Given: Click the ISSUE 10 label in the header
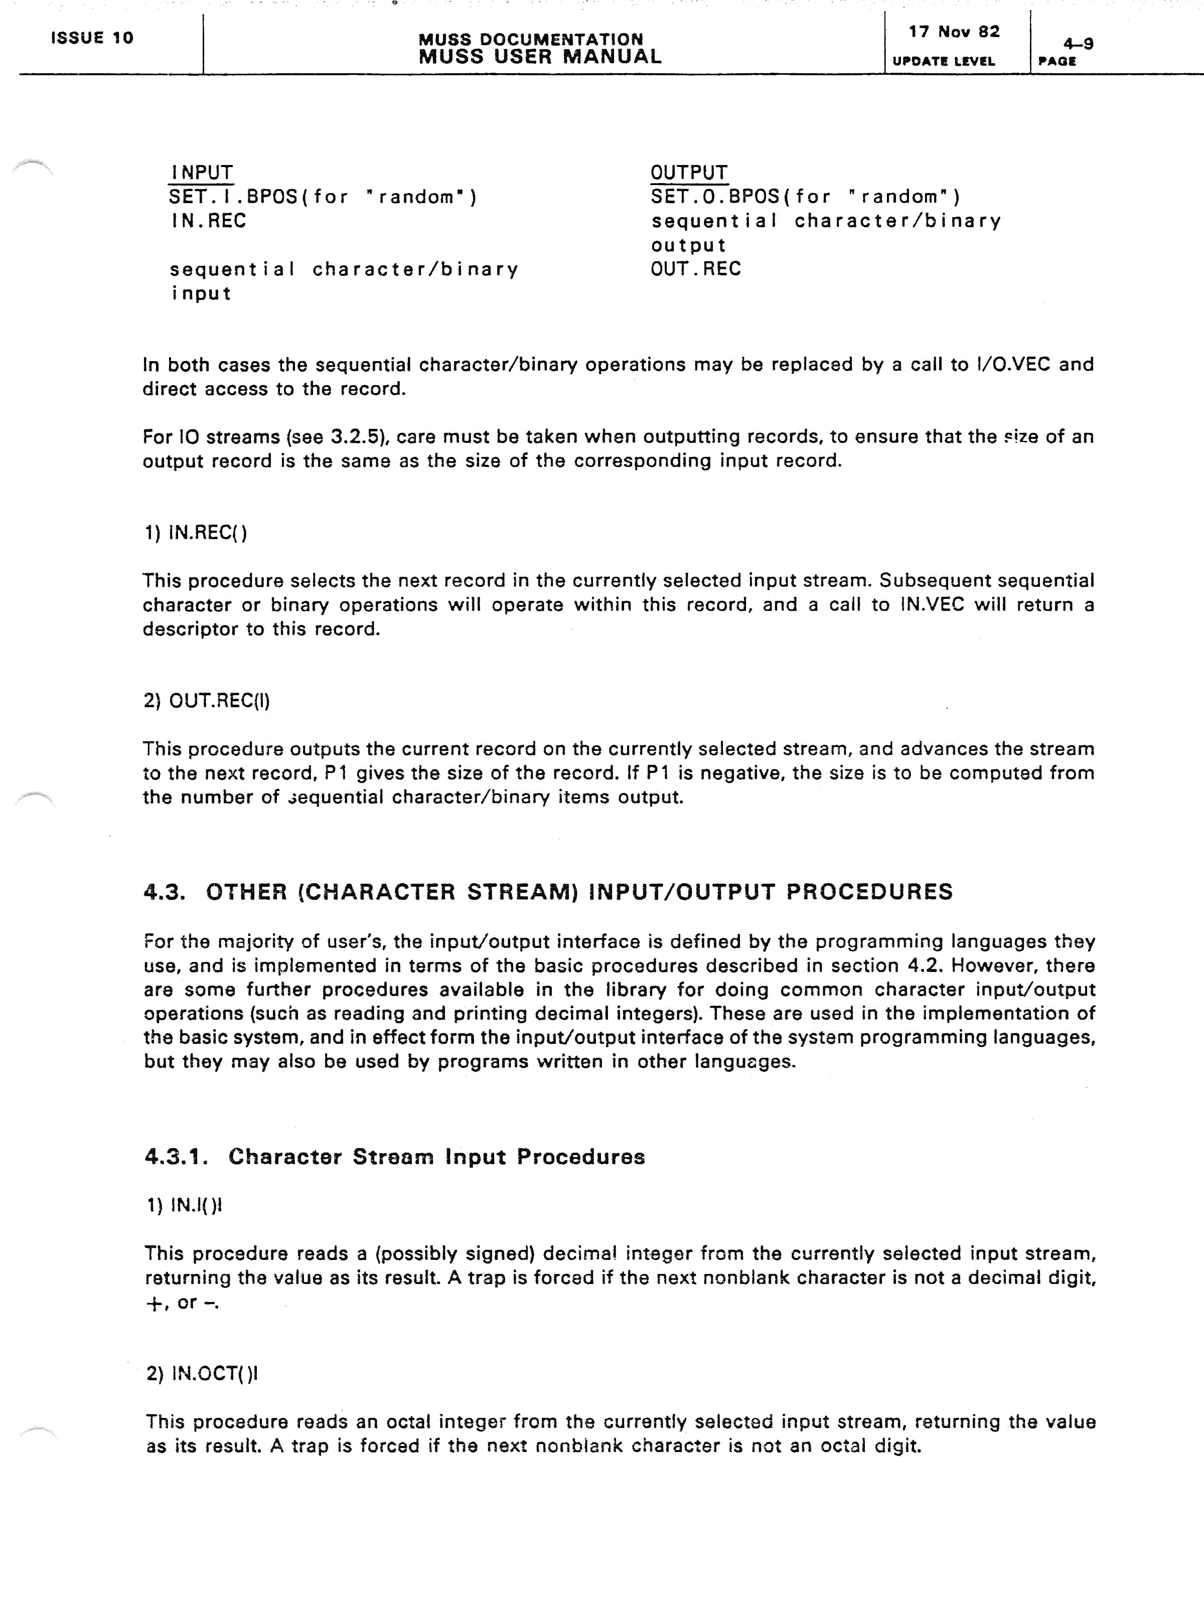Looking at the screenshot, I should pos(92,38).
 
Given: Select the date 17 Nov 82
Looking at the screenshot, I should pos(954,32).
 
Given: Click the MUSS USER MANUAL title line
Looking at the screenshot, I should pos(540,57).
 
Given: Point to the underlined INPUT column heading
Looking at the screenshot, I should pos(202,173).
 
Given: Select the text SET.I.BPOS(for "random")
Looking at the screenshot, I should pos(323,197).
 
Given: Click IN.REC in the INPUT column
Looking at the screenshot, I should pos(208,221).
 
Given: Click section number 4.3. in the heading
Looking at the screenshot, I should pos(165,892).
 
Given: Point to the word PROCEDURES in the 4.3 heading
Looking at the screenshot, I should pos(869,892).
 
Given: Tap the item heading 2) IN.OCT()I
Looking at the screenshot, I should pos(202,1374).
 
